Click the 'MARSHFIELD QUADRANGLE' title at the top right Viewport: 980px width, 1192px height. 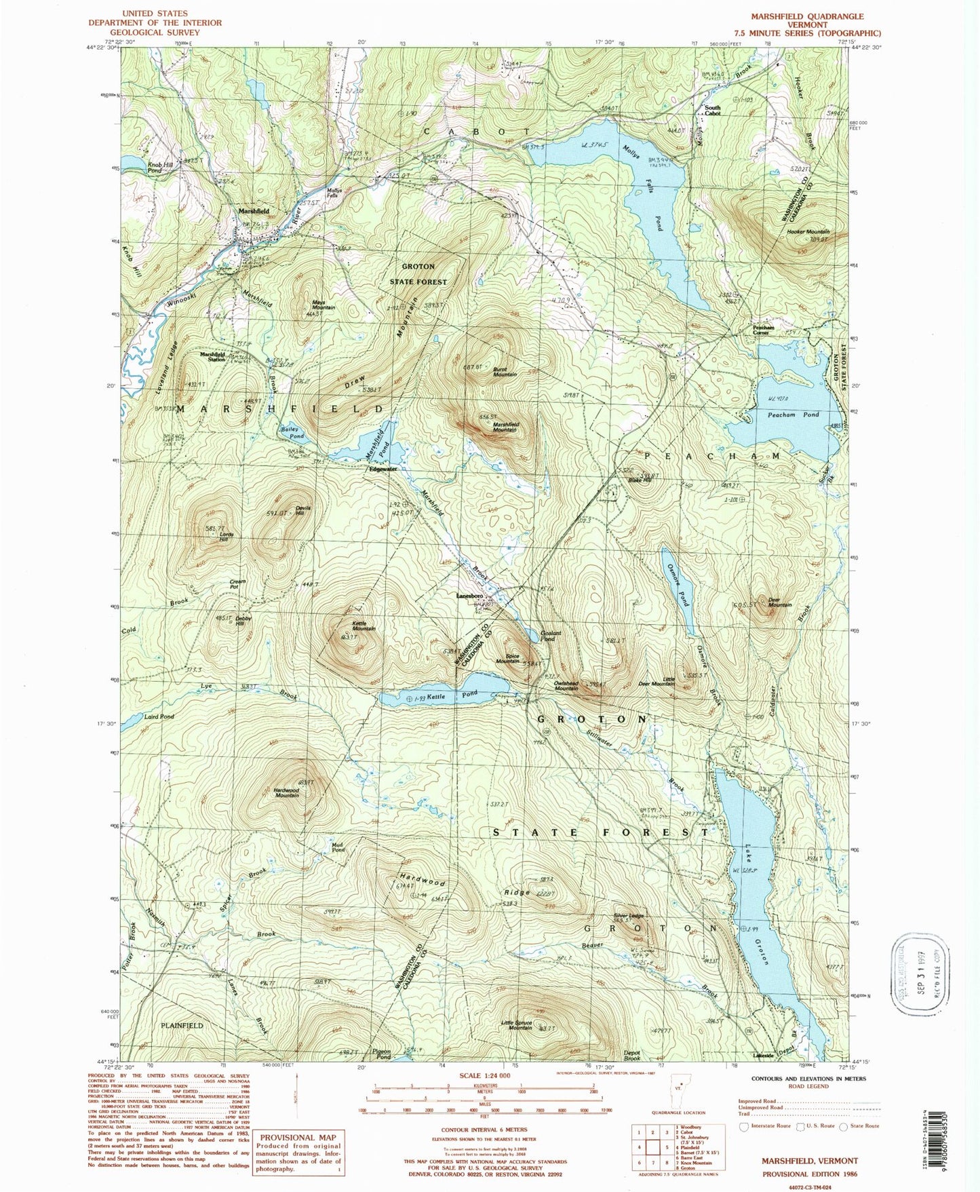pyautogui.click(x=806, y=16)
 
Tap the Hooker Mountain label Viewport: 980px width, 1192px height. pyautogui.click(x=808, y=232)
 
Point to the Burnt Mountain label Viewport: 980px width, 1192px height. pyautogui.click(x=505, y=372)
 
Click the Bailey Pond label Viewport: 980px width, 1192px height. pyautogui.click(x=292, y=433)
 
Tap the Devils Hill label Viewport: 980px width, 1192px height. pyautogui.click(x=302, y=510)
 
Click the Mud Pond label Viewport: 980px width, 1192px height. pyautogui.click(x=338, y=847)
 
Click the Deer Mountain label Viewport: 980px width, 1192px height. pyautogui.click(x=779, y=602)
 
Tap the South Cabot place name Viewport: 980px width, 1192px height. pyautogui.click(x=712, y=111)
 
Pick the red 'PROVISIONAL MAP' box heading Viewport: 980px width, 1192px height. pyautogui.click(x=298, y=1138)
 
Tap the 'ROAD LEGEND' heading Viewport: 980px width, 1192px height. pyautogui.click(x=808, y=1086)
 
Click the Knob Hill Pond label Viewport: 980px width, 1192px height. pyautogui.click(x=155, y=168)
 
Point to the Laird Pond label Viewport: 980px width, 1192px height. pyautogui.click(x=159, y=716)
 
